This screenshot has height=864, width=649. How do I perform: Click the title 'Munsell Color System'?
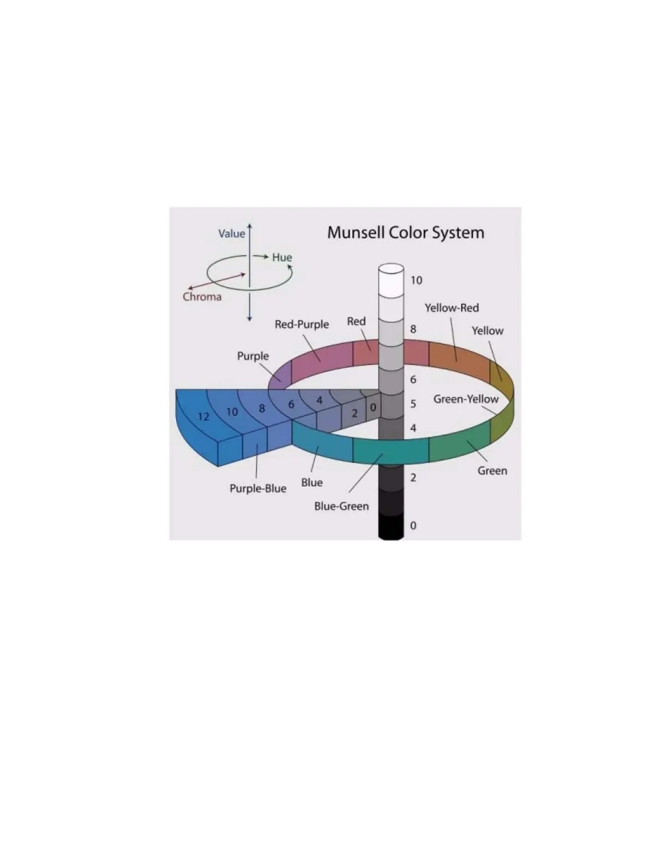405,233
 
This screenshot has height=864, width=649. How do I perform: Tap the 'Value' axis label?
231,233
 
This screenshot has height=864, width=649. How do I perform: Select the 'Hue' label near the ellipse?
282,257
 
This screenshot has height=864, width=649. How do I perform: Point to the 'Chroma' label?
202,297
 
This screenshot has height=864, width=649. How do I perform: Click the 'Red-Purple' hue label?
302,324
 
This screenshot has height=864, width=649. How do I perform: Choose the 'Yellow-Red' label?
452,308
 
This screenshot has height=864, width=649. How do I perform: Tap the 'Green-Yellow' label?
466,399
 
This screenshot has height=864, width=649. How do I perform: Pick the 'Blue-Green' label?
341,506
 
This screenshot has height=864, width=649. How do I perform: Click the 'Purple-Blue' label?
257,488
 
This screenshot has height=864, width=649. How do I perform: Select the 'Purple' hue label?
253,356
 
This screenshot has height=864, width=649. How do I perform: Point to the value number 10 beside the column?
416,280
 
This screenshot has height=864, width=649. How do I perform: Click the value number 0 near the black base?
413,526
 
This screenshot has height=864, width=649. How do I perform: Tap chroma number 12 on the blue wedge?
203,417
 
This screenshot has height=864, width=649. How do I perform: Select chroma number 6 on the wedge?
291,405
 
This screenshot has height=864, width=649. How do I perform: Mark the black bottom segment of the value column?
391,527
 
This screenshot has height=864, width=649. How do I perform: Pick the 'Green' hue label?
492,471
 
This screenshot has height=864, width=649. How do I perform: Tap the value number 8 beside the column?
413,329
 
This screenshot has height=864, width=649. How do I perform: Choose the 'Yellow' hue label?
487,331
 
